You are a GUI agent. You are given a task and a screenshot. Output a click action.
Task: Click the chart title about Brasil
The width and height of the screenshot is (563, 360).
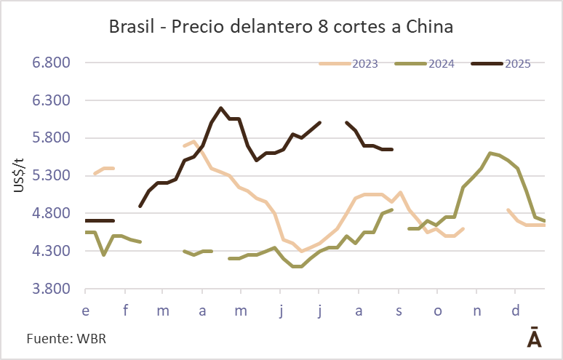pos(281,28)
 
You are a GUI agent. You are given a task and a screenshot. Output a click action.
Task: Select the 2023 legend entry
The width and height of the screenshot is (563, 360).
pos(364,63)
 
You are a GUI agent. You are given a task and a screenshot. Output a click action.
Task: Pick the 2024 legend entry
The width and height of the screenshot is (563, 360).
pos(441,63)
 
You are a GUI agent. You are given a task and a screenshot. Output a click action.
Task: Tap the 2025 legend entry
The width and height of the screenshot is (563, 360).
pos(516,63)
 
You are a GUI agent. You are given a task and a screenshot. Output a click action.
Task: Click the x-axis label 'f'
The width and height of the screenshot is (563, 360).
pos(125,311)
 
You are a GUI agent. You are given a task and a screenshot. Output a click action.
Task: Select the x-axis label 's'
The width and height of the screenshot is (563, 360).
pos(399,311)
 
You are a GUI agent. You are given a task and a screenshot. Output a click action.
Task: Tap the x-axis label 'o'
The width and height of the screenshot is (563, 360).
pos(438,311)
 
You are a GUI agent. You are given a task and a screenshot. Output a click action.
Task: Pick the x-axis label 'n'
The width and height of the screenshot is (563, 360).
pos(477,311)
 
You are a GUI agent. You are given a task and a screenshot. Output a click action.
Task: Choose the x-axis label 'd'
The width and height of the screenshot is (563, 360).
pos(516,311)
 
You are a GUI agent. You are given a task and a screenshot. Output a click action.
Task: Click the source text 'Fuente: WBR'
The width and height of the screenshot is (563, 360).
pos(61,339)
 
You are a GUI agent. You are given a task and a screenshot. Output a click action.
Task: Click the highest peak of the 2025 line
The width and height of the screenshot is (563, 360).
pos(220,108)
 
